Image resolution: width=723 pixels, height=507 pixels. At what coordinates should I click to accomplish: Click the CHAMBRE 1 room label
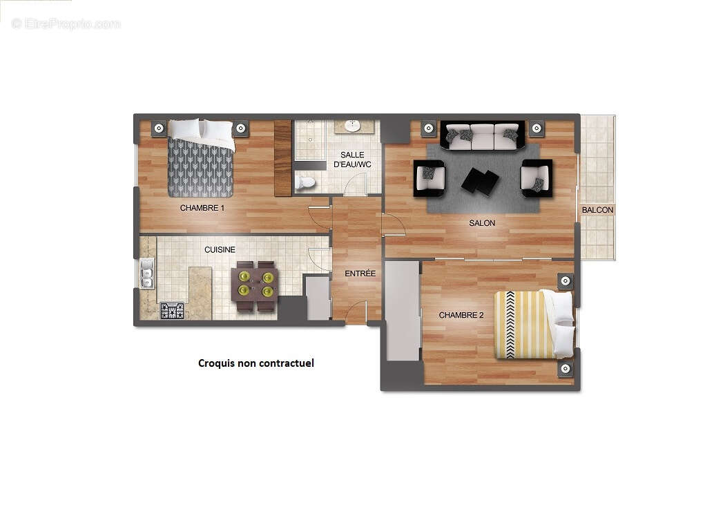(x=202, y=208)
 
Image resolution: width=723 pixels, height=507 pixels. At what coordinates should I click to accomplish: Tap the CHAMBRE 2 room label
(x=461, y=315)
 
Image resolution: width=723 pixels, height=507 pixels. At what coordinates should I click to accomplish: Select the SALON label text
(x=482, y=223)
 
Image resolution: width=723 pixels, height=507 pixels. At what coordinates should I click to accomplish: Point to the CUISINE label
(x=220, y=250)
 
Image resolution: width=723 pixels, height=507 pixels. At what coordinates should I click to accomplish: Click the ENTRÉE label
(x=360, y=274)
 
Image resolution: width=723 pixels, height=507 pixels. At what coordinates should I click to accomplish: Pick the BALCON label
(x=597, y=210)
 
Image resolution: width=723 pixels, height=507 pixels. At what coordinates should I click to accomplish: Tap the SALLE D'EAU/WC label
(x=352, y=160)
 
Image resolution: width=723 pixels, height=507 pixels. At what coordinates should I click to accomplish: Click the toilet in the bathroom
(x=305, y=182)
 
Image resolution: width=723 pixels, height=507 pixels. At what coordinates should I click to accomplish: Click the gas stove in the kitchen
(x=172, y=311)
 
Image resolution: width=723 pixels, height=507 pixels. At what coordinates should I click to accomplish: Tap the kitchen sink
(x=147, y=273)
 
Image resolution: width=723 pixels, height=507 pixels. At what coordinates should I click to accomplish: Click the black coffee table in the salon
(x=480, y=181)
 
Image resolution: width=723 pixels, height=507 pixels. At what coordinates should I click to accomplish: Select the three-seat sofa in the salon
(x=482, y=136)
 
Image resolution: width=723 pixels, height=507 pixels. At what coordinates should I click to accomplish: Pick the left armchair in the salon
(x=430, y=178)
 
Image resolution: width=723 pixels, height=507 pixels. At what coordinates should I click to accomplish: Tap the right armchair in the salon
(x=536, y=178)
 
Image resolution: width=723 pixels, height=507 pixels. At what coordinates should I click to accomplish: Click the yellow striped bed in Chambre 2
(x=532, y=325)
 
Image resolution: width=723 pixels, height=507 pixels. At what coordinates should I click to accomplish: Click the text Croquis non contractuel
(x=256, y=363)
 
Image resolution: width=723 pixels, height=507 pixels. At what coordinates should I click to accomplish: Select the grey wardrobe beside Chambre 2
(x=403, y=311)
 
